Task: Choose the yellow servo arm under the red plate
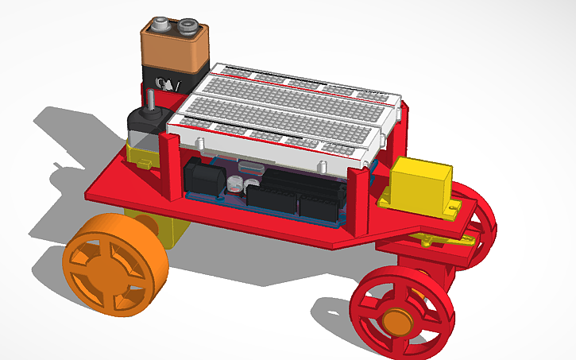tap(433, 239)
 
